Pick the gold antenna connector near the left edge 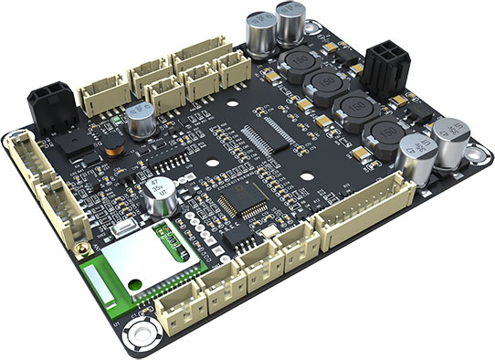[x=83, y=248]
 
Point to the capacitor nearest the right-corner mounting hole [x=451, y=139]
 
